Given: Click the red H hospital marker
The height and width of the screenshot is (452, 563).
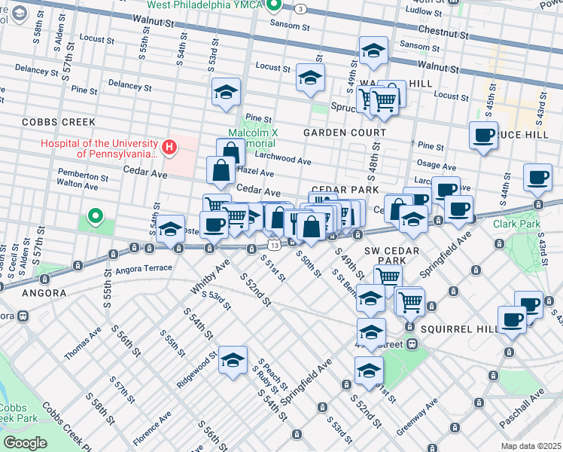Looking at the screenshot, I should click(169, 147).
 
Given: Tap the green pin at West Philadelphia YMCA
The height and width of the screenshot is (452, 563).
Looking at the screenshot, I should click(275, 6).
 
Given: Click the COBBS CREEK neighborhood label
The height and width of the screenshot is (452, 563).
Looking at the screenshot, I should click(59, 121).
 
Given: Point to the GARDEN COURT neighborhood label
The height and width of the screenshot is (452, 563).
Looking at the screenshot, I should click(344, 132).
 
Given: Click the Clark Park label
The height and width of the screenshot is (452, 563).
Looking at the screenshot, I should click(517, 224).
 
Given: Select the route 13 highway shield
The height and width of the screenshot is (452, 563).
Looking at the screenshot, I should click(275, 246).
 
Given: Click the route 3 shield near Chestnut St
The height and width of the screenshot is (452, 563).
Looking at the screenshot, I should click(300, 8).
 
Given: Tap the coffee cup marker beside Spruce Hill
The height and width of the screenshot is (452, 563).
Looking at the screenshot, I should click(483, 136).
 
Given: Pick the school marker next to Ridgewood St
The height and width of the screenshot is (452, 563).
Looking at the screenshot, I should click(233, 360).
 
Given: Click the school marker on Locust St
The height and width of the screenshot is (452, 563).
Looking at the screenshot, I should click(311, 78).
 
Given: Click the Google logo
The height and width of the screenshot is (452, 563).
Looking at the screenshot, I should click(25, 443).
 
